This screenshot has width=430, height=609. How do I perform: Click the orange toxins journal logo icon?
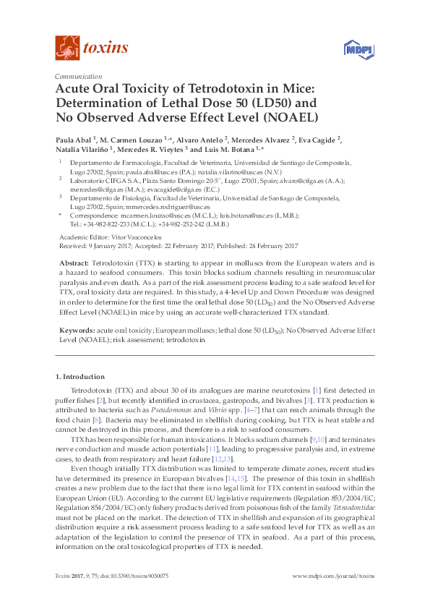(66, 48)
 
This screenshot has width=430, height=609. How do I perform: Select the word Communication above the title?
(77, 77)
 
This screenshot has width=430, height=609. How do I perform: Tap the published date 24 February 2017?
(267, 246)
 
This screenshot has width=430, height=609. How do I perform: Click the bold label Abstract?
(74, 263)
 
